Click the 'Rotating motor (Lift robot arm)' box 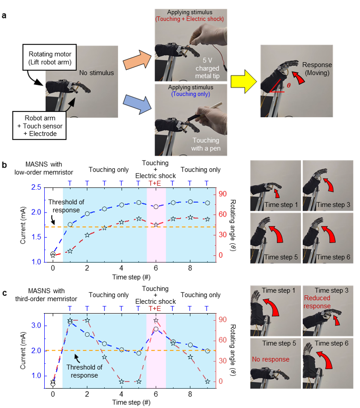pyautogui.click(x=50, y=57)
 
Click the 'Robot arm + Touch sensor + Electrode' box pyautogui.click(x=39, y=126)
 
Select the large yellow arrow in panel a pyautogui.click(x=244, y=81)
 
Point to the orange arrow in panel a pyautogui.click(x=137, y=60)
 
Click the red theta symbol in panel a pyautogui.click(x=288, y=85)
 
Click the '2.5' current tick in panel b pyautogui.click(x=36, y=187)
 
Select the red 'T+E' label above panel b pyautogui.click(x=155, y=183)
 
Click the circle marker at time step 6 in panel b pyautogui.click(x=156, y=207)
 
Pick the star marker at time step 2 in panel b pyautogui.click(x=87, y=235)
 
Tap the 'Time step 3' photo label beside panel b pyautogui.click(x=333, y=205)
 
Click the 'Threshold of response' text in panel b pyautogui.click(x=66, y=206)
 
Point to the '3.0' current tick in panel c pyautogui.click(x=36, y=326)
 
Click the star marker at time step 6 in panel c pyautogui.click(x=156, y=320)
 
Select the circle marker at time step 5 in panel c pyautogui.click(x=139, y=353)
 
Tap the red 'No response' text pyautogui.click(x=271, y=359)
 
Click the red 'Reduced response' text pyautogui.click(x=318, y=302)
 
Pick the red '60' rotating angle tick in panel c pyautogui.click(x=222, y=340)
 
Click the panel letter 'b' pyautogui.click(x=4, y=165)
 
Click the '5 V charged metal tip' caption pyautogui.click(x=208, y=68)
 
